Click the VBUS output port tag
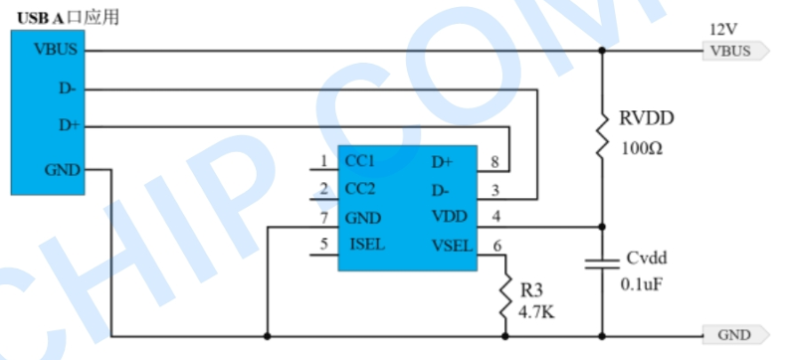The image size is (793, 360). click(736, 51)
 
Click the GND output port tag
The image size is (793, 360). click(736, 335)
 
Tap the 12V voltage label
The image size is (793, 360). click(723, 30)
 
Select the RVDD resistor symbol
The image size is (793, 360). click(602, 133)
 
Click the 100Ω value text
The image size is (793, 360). click(642, 149)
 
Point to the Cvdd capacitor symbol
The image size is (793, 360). click(602, 264)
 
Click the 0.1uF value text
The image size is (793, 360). click(642, 284)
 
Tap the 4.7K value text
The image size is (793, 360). click(536, 312)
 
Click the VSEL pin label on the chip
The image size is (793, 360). click(452, 247)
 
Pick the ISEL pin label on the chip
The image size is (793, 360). click(367, 245)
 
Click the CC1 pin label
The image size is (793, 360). click(360, 161)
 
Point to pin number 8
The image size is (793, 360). click(495, 162)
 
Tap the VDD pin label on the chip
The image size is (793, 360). click(450, 217)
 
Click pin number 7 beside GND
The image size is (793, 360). click(324, 218)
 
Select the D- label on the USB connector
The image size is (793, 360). click(68, 89)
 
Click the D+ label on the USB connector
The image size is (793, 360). click(69, 125)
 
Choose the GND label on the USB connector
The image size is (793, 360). click(63, 170)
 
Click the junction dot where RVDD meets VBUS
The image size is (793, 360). click(602, 51)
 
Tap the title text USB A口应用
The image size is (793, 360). click(69, 18)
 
